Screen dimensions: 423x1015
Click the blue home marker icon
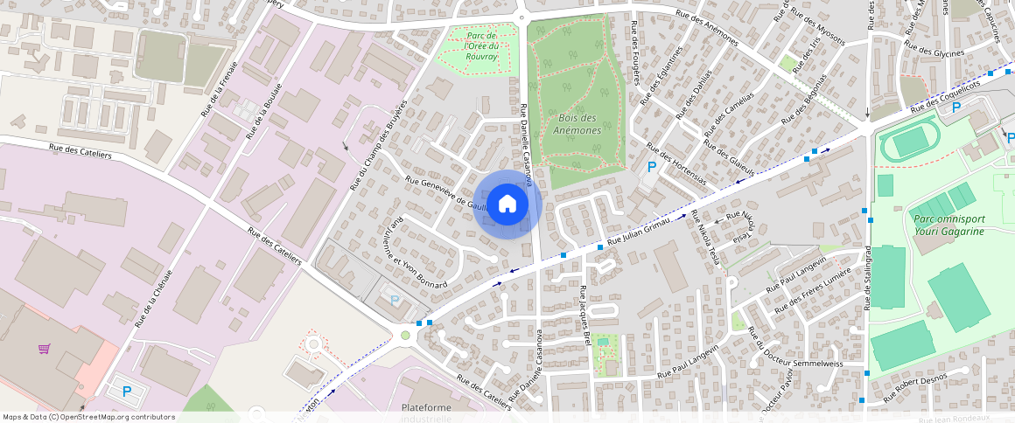tap(507, 205)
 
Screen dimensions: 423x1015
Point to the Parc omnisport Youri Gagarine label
tap(947, 225)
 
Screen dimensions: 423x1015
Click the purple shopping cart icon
tap(44, 349)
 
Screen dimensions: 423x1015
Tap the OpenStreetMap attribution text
tap(89, 417)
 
